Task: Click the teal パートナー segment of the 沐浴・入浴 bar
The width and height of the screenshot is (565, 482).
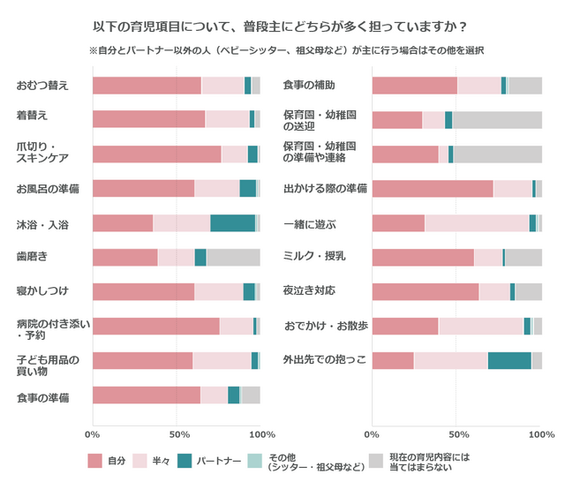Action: coord(232,222)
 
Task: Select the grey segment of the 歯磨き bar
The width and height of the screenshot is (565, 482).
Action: coord(233,257)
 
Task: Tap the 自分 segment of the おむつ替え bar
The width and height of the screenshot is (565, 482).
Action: coord(147,86)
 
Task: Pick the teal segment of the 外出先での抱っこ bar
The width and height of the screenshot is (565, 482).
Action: coord(509,360)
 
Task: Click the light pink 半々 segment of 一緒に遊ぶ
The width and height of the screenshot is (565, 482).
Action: coord(477,222)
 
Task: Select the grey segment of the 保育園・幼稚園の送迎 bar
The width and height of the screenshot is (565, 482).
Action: coord(497,120)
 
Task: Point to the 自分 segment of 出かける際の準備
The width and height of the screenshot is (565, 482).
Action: coord(433,188)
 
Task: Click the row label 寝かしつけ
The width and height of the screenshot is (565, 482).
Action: coord(42,290)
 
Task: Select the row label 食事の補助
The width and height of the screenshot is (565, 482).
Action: coord(308,86)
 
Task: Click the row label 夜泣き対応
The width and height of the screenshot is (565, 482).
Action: coord(308,290)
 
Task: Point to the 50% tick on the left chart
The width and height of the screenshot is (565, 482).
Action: coord(179,434)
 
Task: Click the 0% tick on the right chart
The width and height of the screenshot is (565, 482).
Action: coord(372,434)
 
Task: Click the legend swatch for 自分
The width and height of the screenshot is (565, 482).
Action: coord(95,460)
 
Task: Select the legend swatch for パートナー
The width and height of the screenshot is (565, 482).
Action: coord(185,460)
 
